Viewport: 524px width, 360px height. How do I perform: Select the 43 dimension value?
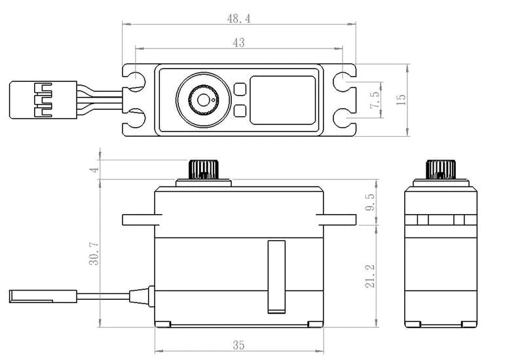point(238,43)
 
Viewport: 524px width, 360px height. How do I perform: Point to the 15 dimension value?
point(401,99)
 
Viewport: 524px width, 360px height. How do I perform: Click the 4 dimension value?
point(94,170)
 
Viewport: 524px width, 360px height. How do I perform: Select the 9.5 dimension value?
point(371,202)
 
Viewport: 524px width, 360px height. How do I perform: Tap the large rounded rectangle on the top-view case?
point(283,99)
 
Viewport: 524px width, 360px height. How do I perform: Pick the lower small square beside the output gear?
point(240,111)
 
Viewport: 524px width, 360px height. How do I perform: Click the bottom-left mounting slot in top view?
point(134,119)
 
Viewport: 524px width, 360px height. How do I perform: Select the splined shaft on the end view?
point(440,169)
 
